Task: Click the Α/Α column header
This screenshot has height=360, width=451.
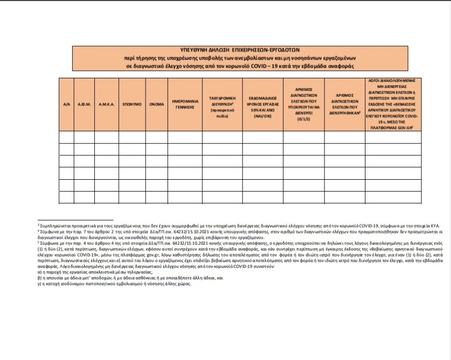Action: click(66, 104)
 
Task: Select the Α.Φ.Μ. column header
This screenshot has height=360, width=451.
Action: click(84, 104)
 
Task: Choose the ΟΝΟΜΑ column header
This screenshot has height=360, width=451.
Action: click(157, 104)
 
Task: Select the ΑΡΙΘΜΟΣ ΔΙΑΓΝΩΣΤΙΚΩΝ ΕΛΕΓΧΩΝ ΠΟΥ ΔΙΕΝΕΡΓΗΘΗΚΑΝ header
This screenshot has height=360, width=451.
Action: click(344, 104)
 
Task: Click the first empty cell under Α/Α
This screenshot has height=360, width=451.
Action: click(66, 137)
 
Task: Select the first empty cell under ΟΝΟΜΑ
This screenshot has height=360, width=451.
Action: click(157, 137)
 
